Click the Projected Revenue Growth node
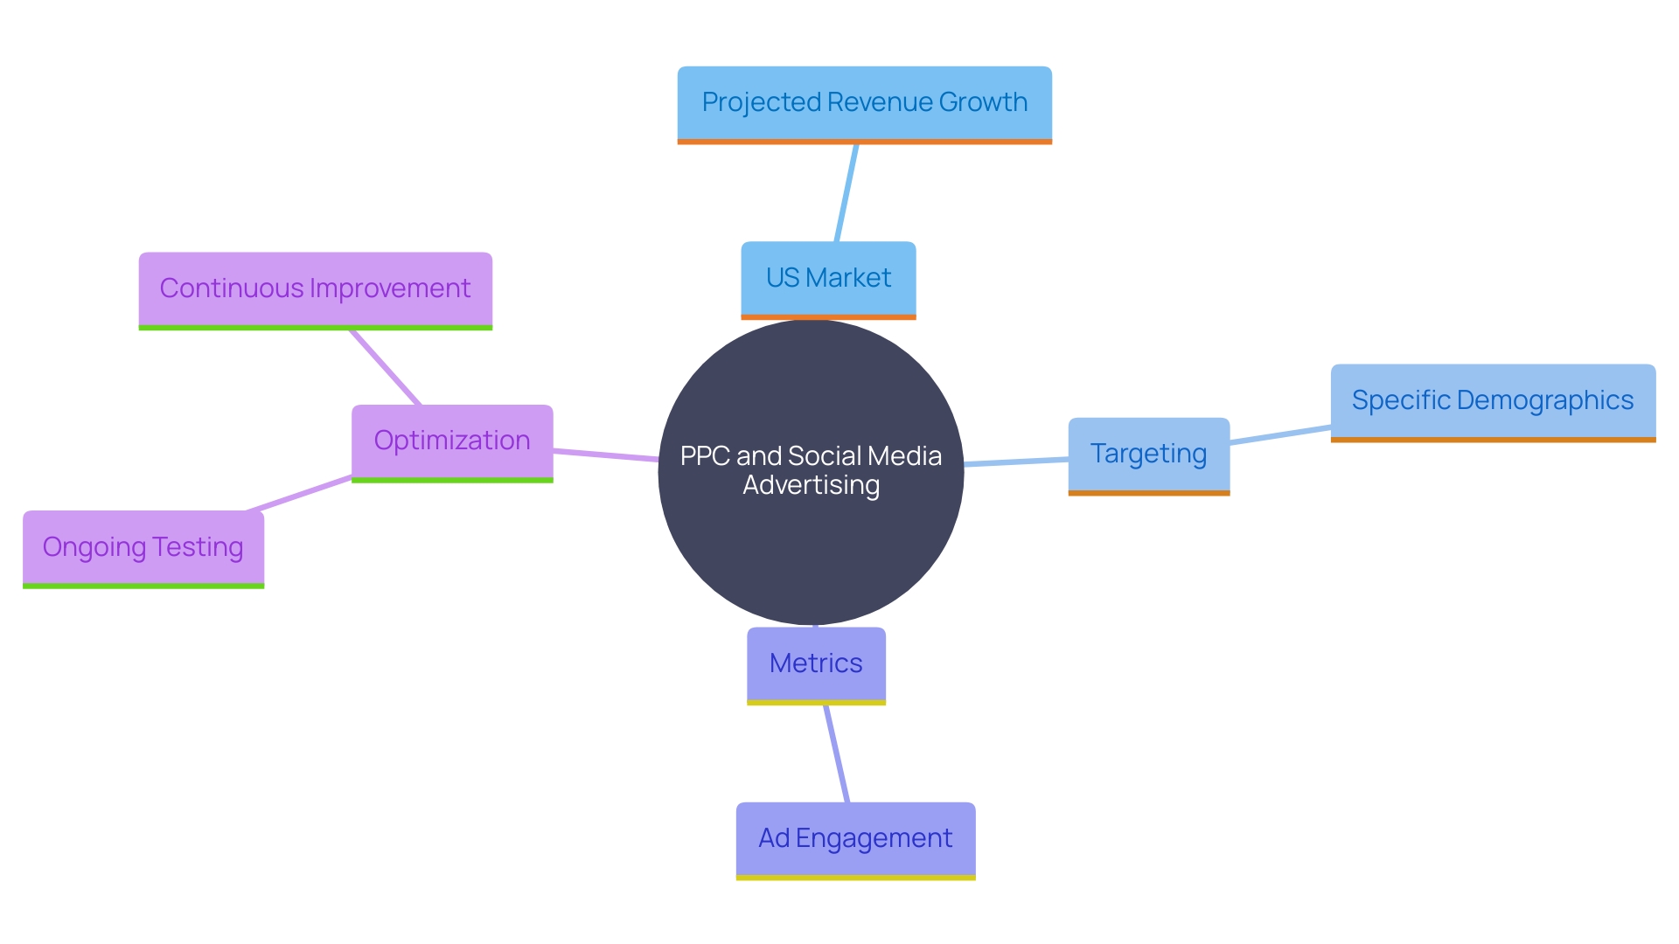pyautogui.click(x=864, y=103)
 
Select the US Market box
pyautogui.click(x=828, y=278)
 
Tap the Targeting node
pyautogui.click(x=1148, y=455)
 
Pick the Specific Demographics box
pyautogui.click(x=1493, y=401)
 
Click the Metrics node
pyautogui.click(x=816, y=663)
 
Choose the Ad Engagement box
pyautogui.click(x=855, y=839)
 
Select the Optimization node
pyautogui.click(x=452, y=441)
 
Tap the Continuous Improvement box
pyautogui.click(x=315, y=289)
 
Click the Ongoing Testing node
pyautogui.click(x=143, y=548)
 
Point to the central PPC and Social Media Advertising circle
pyautogui.click(x=811, y=542)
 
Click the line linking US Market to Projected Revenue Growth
pyautogui.click(x=846, y=193)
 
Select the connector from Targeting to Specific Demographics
pyautogui.click(x=1280, y=434)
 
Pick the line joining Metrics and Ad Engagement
pyautogui.click(x=836, y=753)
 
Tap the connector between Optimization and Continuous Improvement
pyautogui.click(x=386, y=367)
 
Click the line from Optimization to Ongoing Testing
pyautogui.click(x=299, y=494)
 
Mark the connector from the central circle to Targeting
pyautogui.click(x=1016, y=462)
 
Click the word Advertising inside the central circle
pyautogui.click(x=811, y=485)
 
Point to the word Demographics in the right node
pyautogui.click(x=1545, y=400)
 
